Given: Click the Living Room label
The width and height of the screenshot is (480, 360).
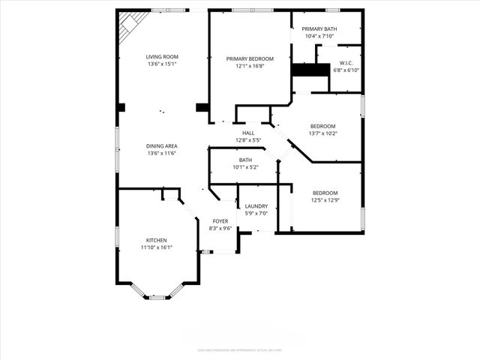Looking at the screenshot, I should click(161, 57).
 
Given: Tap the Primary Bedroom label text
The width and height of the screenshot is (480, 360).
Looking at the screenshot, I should click(250, 58).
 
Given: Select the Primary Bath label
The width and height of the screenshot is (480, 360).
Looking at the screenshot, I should click(320, 29).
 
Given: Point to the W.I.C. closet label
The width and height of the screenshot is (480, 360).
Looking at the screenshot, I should click(346, 63).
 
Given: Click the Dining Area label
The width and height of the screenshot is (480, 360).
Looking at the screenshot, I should click(161, 146).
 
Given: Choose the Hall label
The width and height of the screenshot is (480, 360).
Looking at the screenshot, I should click(247, 133).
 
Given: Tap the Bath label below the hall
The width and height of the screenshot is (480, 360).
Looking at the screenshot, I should click(245, 160).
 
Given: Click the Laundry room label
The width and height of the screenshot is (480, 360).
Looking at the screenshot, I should click(256, 206).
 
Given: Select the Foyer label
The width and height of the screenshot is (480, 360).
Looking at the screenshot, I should click(220, 221).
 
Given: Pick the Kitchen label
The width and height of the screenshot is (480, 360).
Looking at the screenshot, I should click(156, 240).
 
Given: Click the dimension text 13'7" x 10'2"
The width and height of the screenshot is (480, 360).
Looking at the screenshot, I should click(323, 133).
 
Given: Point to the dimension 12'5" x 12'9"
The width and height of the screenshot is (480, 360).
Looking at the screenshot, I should click(325, 200).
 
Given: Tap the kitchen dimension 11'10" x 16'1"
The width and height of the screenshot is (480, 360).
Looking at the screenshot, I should click(156, 247).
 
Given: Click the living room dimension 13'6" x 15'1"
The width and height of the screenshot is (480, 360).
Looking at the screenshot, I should click(161, 64).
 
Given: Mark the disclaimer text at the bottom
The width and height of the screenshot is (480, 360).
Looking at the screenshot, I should click(240, 349).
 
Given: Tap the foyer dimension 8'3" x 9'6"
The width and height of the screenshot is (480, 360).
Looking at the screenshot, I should click(220, 229).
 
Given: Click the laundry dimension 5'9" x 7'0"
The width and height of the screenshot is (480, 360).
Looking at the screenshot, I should click(256, 214).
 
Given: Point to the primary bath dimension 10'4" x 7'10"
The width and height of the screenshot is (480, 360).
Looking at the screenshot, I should click(320, 36).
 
